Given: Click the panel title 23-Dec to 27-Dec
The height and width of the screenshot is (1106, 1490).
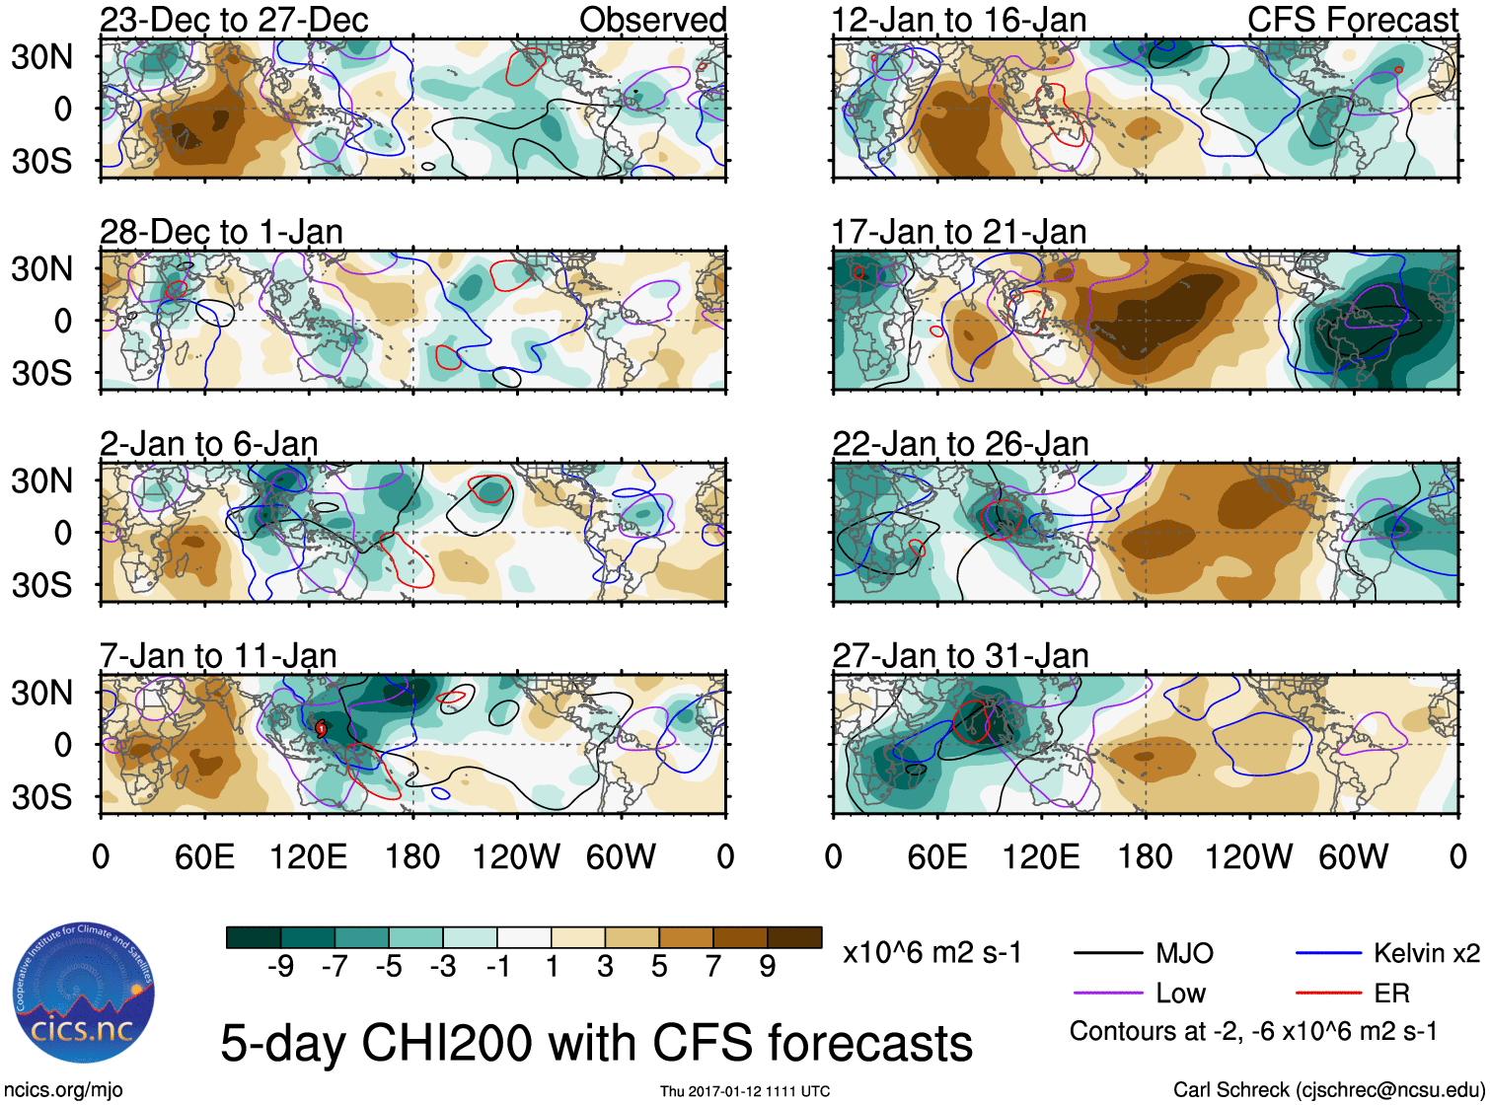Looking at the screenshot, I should point(234,20).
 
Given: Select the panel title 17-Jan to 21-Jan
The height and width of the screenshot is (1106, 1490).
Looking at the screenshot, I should point(959,232).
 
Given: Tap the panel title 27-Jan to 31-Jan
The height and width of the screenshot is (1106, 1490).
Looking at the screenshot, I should point(960,656).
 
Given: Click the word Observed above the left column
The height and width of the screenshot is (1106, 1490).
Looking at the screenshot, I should point(652,20).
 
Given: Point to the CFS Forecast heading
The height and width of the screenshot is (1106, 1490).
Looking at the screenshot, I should point(1352,20).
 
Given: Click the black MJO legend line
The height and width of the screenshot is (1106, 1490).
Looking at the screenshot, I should point(1108,953).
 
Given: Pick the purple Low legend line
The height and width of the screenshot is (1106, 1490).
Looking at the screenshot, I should point(1108,994).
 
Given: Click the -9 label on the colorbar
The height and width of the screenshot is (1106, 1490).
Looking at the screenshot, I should point(280,966).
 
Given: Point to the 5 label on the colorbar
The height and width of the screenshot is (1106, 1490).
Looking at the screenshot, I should point(659,966).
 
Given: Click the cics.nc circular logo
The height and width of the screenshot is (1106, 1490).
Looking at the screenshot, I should point(84,994).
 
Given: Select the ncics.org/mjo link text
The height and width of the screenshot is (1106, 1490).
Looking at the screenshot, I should point(63,1089).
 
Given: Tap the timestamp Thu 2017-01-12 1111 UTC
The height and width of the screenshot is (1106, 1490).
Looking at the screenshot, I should point(745,1091).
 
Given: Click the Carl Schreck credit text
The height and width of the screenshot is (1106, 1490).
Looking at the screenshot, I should point(1328,1089).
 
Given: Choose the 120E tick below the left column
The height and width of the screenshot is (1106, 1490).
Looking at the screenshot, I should point(309,856).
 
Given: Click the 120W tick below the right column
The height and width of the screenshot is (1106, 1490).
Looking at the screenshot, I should point(1248,856).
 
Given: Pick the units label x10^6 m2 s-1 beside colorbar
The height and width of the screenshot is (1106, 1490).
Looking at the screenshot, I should point(931,953).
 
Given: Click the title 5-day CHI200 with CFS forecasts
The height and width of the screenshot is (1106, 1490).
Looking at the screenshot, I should point(596,1043).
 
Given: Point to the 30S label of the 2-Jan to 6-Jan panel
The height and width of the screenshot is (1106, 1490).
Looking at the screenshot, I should point(41,585).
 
